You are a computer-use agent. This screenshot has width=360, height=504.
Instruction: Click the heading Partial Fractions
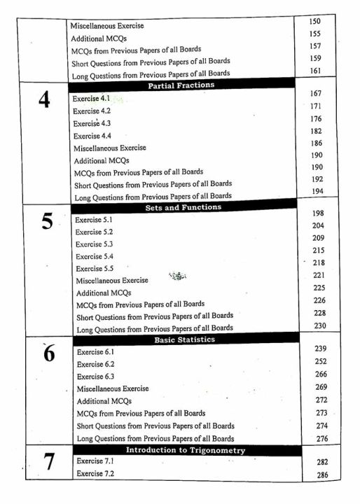coord(181,85)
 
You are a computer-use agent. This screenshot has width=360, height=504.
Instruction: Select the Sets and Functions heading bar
coord(183,207)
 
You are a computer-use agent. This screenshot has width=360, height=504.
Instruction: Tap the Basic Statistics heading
coord(184,339)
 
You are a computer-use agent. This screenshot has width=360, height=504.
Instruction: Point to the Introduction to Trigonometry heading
coord(186,450)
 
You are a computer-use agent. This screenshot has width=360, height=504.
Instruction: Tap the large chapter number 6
coord(48,353)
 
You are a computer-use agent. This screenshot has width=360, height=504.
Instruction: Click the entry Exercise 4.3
coord(92,123)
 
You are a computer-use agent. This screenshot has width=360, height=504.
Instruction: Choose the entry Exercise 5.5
coord(94,268)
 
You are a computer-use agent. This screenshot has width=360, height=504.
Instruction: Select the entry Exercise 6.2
coord(95,364)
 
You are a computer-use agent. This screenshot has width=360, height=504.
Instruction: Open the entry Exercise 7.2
coord(95,474)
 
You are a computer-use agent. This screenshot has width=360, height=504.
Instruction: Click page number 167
coord(315,93)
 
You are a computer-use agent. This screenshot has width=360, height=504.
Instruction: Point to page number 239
coord(321,349)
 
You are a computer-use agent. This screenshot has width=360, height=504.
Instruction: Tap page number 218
coord(319,262)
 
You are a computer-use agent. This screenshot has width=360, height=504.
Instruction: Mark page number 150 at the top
coord(314,22)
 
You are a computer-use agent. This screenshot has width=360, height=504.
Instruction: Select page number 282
coord(322,463)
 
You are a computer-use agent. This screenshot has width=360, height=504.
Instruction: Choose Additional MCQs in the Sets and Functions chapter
coord(103,293)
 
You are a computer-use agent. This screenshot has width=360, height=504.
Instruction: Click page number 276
coord(321,439)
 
